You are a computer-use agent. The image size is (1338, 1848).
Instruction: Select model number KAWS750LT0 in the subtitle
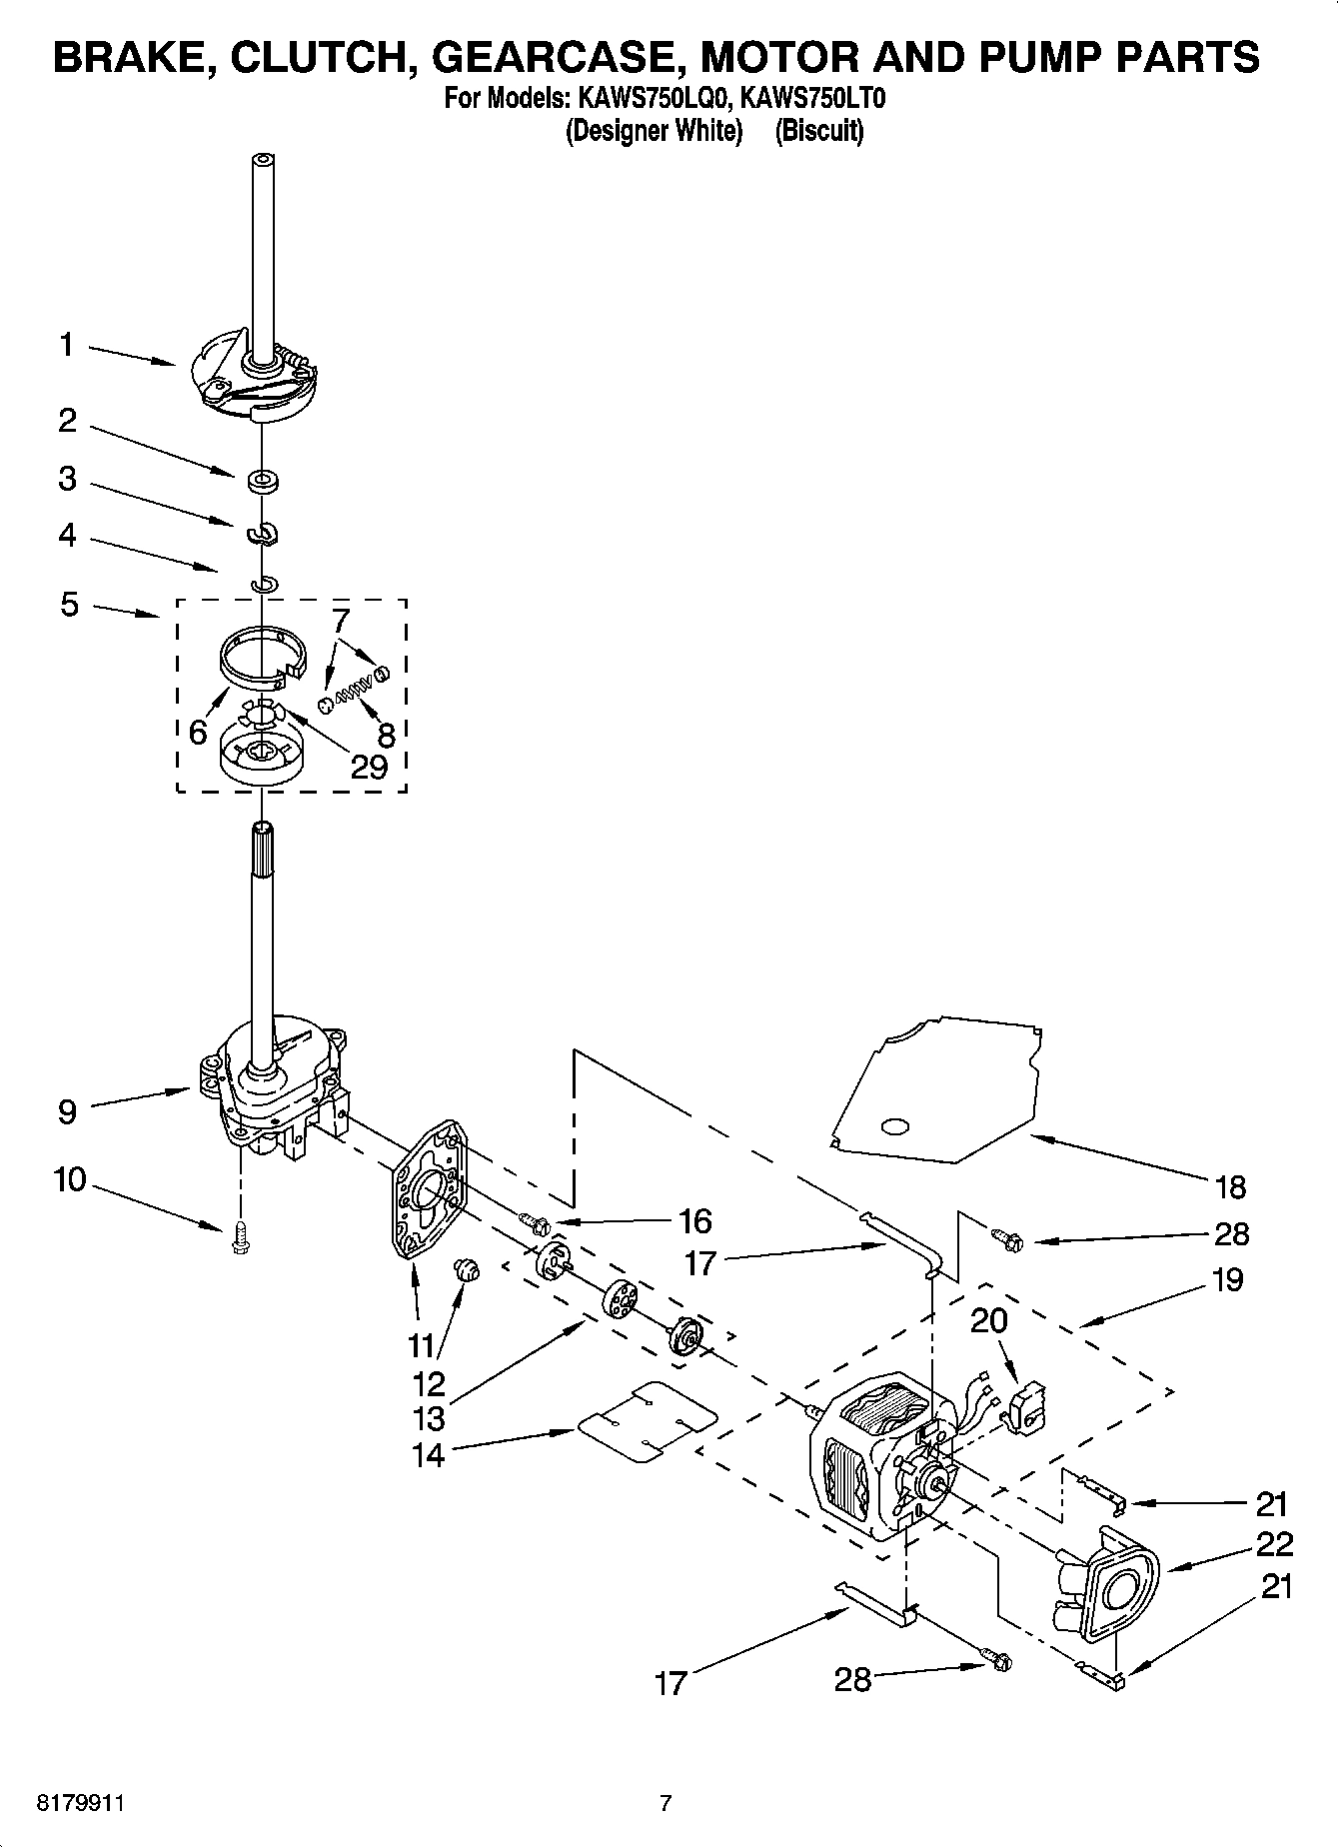point(813,99)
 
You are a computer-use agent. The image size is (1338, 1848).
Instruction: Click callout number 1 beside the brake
point(66,346)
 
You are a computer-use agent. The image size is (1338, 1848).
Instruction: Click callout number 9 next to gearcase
point(67,1111)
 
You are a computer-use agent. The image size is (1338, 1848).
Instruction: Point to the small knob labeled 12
point(467,1271)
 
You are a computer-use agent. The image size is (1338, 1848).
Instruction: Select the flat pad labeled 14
point(647,1423)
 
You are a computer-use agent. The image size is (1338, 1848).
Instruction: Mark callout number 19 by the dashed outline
point(1227,1279)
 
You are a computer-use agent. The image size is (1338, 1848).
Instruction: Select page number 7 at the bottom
point(666,1804)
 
